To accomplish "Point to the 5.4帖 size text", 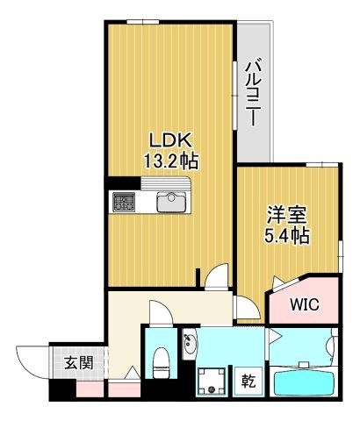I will (287, 235).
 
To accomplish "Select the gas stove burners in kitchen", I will (123, 203).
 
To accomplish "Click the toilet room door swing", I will (159, 313).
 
